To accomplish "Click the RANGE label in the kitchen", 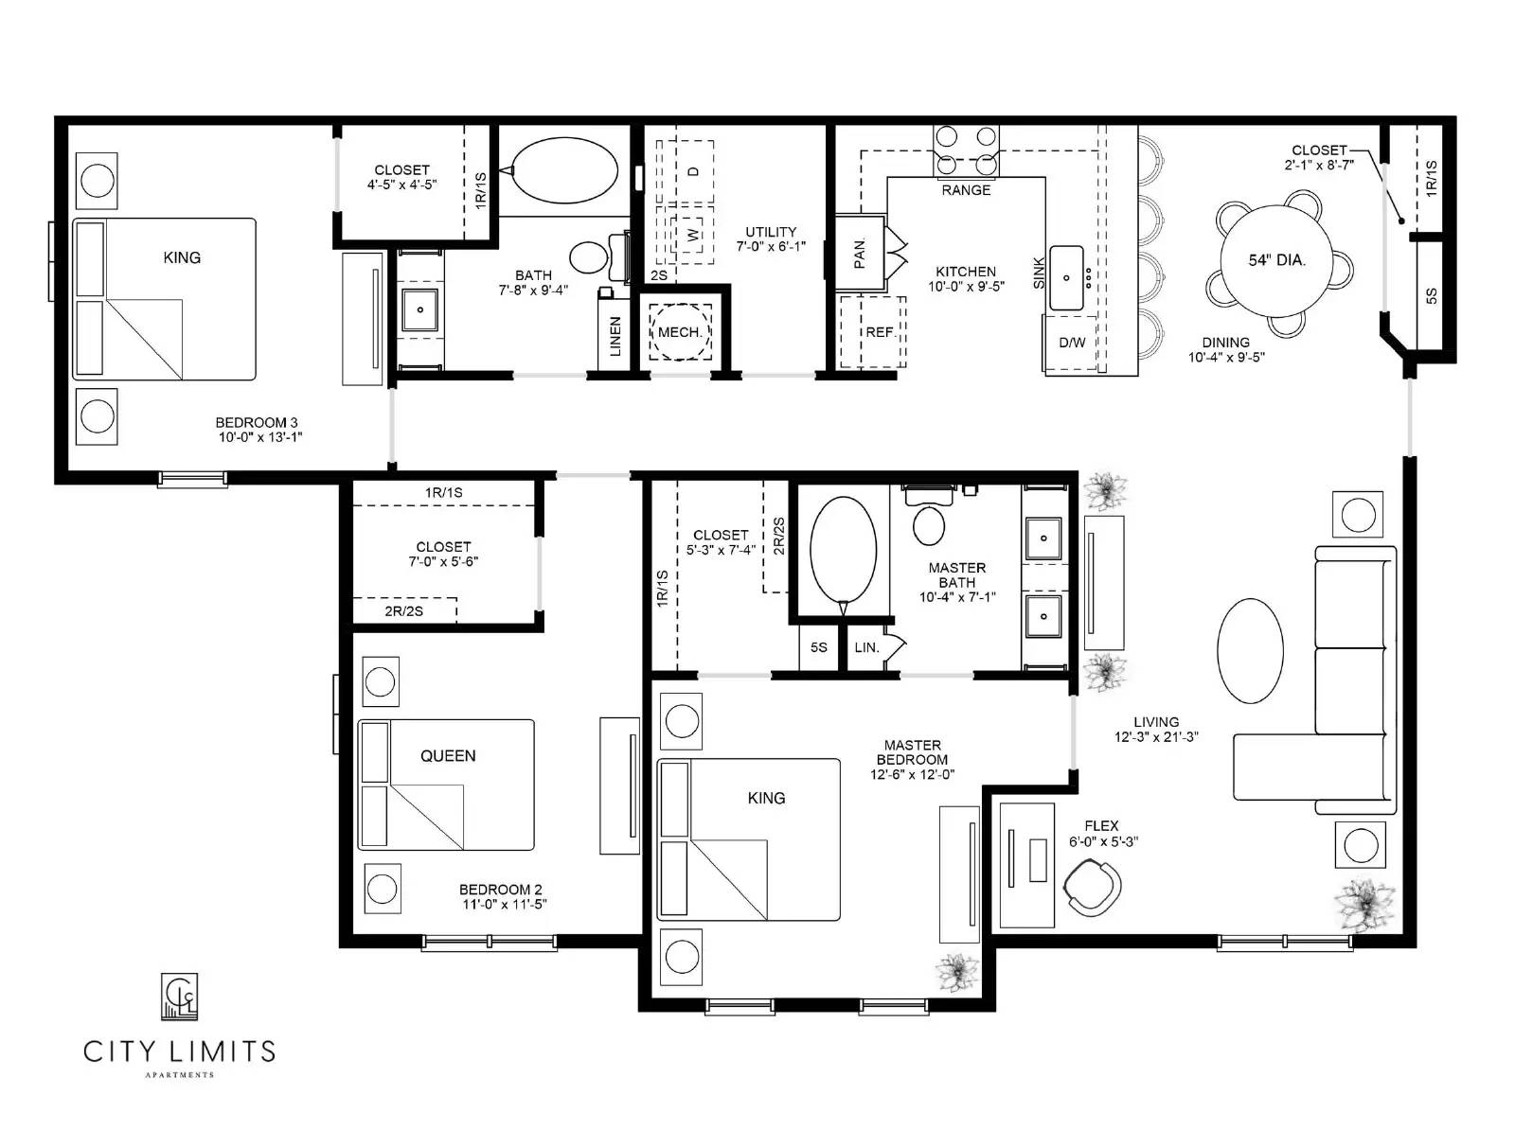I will coord(966,190).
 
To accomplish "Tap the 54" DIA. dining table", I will coord(1275,260).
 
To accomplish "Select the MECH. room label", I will coord(680,332).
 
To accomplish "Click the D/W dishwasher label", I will coord(1072,343).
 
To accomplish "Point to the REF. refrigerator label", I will coord(880,332).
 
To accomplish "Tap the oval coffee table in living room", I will coord(1250,651).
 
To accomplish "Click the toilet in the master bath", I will coord(929,523).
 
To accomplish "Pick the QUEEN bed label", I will coord(448,755).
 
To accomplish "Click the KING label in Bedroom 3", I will coord(182,257).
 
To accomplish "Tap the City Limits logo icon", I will coord(179,997).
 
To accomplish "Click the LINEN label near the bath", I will coord(615,337).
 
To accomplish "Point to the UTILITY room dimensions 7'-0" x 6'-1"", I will coord(771,246).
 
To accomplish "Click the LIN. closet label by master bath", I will coord(866,648).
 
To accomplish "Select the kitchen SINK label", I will coord(1039,274).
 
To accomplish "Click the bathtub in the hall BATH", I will coord(564,170).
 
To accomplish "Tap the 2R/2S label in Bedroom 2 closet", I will coord(403,611).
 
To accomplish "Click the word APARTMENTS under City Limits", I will coord(179,1075).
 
